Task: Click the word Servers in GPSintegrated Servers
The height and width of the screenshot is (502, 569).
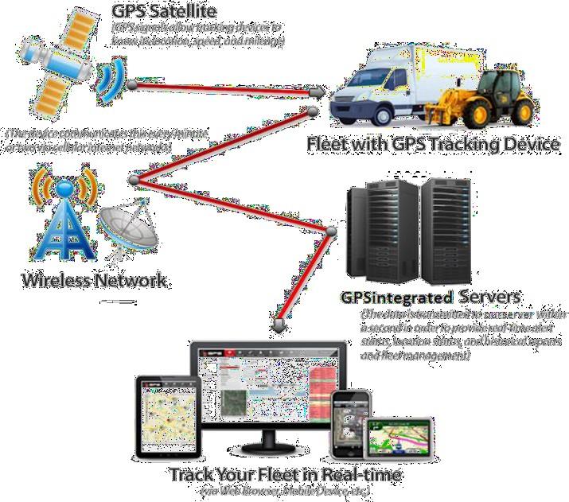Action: [x=489, y=297]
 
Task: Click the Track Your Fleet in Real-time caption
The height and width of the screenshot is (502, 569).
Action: [x=284, y=475]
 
